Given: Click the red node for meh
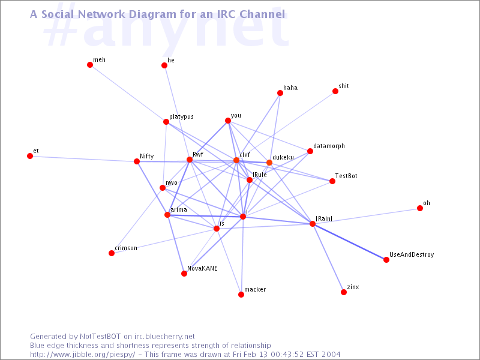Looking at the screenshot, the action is [90, 65].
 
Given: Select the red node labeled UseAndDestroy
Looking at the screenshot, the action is [386, 260].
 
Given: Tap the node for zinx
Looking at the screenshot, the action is [344, 292].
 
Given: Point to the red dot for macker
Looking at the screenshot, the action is [241, 295].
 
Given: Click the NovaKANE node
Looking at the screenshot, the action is [184, 274].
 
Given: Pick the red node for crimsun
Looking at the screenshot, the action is [112, 253].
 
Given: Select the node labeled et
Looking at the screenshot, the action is [30, 156].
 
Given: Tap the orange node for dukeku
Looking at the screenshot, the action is [269, 163].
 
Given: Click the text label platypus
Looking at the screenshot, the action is [182, 117].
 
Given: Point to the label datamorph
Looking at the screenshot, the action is [329, 146].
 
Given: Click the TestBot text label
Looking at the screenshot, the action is [346, 176].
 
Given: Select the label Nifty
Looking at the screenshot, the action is [147, 157].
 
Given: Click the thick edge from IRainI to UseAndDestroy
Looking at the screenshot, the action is [349, 242].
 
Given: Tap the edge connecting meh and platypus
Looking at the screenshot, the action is [128, 94].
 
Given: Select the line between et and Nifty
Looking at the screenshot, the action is [83, 159].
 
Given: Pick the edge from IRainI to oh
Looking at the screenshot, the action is [366, 216].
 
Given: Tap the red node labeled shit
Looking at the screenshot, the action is [335, 91].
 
